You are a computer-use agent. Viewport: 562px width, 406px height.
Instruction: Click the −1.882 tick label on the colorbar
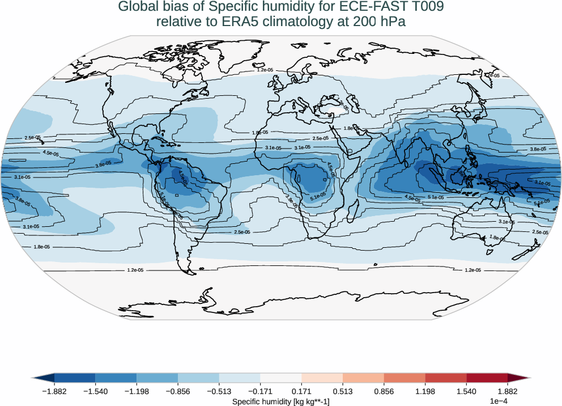[x=54, y=391]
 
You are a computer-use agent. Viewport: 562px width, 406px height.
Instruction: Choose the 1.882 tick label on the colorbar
[x=507, y=391]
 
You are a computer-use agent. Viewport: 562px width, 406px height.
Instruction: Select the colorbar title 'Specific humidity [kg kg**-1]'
[x=281, y=401]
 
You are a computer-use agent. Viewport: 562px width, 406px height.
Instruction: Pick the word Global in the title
[x=138, y=7]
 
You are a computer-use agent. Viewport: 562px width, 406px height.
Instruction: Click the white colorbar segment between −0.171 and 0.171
[x=281, y=378]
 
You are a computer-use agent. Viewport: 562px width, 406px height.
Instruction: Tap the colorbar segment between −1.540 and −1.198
[x=116, y=378]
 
